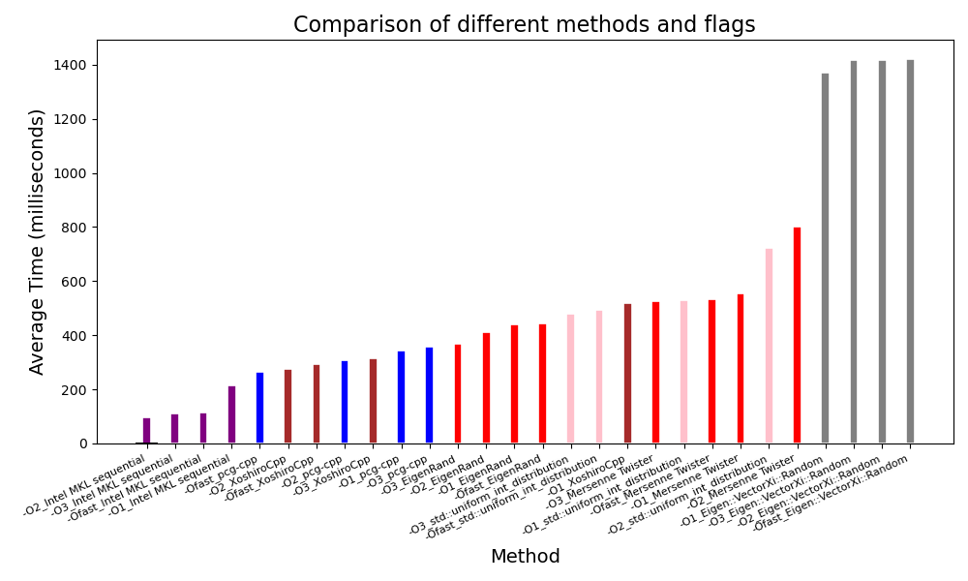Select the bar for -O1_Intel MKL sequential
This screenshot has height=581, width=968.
[231, 415]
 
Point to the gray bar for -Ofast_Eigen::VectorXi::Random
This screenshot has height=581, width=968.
[910, 252]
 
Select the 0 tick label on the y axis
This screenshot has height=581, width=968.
[83, 444]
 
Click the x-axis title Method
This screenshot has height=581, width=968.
[525, 557]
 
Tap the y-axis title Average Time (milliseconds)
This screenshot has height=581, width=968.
[38, 241]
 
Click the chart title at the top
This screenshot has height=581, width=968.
[525, 25]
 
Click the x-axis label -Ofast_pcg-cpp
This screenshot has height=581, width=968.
[223, 474]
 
